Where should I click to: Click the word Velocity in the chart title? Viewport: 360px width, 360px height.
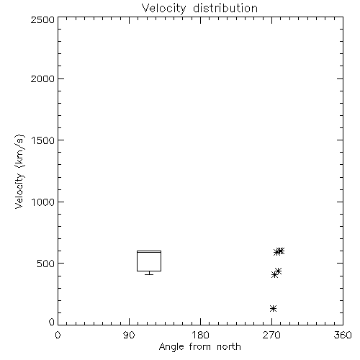[x=163, y=9]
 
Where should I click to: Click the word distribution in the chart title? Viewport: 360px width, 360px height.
[x=225, y=8]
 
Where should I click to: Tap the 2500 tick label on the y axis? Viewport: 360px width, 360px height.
[x=42, y=19]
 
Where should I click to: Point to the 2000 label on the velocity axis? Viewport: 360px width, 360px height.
[x=42, y=78]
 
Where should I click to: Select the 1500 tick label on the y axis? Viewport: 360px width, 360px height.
[x=43, y=140]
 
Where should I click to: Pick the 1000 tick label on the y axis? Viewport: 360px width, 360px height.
[x=43, y=202]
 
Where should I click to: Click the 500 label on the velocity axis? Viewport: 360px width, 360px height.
[x=46, y=264]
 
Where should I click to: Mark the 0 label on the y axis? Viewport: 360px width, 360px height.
[x=52, y=322]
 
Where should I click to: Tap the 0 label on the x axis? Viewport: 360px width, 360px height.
[x=58, y=335]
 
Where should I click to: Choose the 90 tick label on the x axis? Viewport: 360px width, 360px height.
[x=129, y=335]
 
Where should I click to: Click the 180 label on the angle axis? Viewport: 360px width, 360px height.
[x=200, y=335]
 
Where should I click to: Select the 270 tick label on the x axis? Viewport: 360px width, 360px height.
[x=271, y=335]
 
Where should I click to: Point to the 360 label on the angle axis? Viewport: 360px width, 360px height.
[x=343, y=335]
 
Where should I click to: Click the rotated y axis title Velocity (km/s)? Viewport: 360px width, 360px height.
[x=19, y=171]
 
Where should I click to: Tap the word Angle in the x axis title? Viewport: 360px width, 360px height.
[x=171, y=347]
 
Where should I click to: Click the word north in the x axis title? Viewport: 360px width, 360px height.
[x=229, y=347]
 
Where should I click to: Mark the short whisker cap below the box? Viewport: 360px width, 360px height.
[x=149, y=274]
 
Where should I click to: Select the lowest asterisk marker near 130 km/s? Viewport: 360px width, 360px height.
[x=273, y=308]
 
